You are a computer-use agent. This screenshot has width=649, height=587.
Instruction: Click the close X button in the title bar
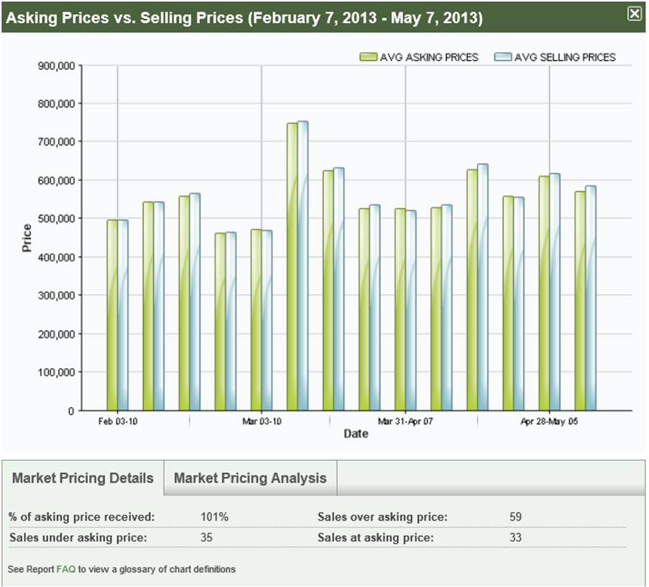634,14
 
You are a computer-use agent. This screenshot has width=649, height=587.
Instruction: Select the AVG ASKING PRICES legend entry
419,57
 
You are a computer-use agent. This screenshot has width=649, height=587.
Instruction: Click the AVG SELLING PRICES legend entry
555,57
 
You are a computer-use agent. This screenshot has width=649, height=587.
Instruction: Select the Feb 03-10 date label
117,421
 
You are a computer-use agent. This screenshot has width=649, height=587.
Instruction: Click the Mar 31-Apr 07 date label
406,421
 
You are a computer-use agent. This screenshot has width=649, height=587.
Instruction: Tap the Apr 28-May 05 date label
549,421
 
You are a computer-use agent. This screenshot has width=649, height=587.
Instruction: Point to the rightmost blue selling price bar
591,298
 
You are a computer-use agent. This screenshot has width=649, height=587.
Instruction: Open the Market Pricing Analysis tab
250,478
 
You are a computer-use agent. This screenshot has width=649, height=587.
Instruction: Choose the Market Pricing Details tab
83,478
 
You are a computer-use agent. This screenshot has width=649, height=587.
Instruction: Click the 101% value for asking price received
214,517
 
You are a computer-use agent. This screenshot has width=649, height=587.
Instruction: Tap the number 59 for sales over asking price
514,517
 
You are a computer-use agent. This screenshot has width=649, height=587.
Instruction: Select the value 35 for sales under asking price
207,537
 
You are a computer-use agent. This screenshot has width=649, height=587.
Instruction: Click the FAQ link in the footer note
66,569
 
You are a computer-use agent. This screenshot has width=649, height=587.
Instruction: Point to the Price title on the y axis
27,238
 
